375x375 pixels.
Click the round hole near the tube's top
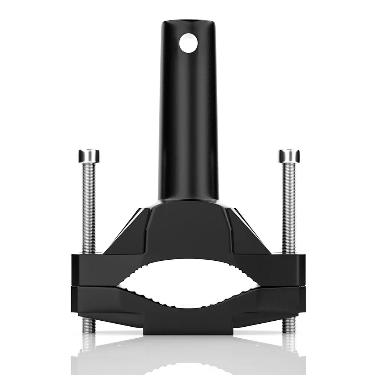pos(188,43)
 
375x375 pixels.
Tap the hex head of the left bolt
pos(89,156)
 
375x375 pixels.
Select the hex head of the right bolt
pos(289,156)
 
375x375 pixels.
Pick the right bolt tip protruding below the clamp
pos(289,326)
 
